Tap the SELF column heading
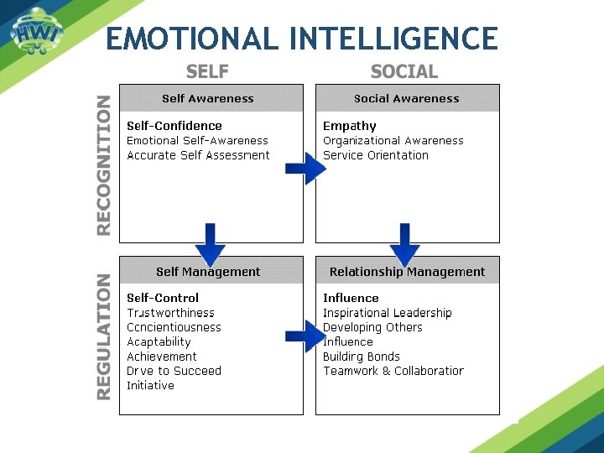[x=207, y=71]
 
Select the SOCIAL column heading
[x=404, y=71]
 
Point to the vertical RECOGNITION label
[x=103, y=164]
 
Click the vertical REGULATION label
[x=103, y=336]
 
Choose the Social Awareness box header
[x=407, y=98]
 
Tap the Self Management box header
[x=208, y=271]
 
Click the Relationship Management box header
[x=407, y=271]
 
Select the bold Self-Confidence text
[x=174, y=126]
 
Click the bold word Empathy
[x=350, y=126]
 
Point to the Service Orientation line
[x=376, y=155]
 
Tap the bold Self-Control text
[x=163, y=298]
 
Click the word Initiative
[x=151, y=385]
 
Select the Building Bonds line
[x=362, y=357]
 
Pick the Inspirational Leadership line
[x=388, y=313]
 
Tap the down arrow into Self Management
[x=210, y=244]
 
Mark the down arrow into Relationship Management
[x=405, y=244]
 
